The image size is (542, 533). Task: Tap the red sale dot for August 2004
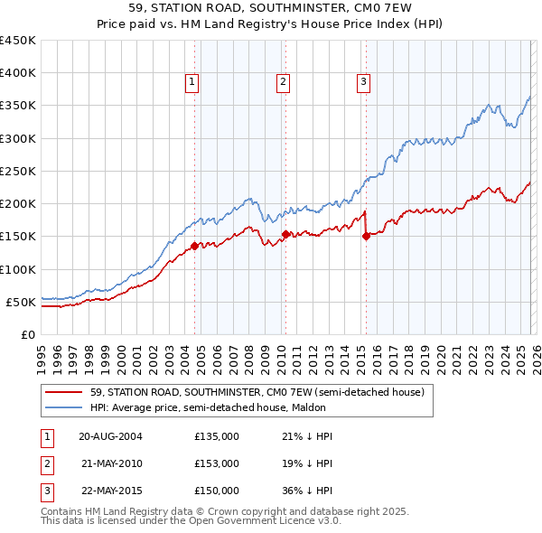click(194, 246)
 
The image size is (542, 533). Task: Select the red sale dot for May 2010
click(285, 234)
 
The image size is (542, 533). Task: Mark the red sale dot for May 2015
click(366, 236)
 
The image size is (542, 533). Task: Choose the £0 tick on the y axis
click(27, 334)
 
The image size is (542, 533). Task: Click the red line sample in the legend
click(63, 392)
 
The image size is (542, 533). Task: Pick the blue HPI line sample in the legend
click(63, 407)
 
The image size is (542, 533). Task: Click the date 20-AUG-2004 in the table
click(110, 436)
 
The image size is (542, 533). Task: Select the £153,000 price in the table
click(217, 463)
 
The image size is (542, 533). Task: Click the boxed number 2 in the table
click(46, 463)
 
